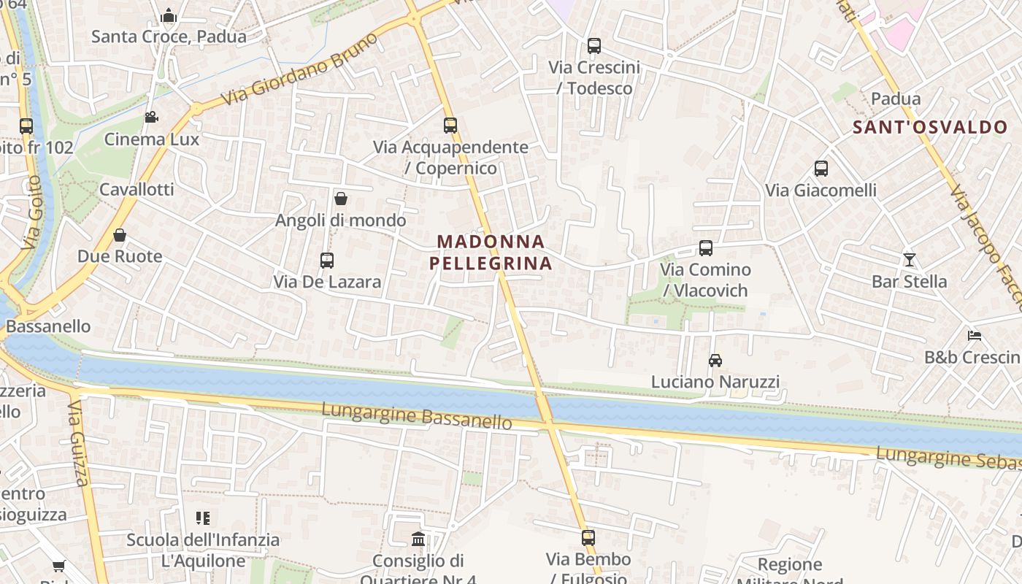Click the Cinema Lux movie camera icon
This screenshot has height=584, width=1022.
151,118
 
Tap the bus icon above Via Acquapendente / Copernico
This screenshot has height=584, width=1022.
450,126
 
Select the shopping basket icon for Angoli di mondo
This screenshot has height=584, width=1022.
340,199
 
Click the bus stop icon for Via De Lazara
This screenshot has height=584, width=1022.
327,261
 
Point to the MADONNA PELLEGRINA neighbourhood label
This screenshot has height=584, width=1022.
491,253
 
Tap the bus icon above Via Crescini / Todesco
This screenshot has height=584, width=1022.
594,46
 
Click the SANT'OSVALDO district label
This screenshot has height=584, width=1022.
930,127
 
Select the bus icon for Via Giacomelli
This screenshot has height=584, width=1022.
821,169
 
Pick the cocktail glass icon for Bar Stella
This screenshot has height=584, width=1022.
909,260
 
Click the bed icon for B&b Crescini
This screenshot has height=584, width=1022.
975,336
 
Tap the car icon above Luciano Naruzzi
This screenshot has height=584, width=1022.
715,361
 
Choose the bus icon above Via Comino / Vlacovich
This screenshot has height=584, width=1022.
705,248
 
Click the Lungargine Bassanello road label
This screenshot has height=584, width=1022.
417,415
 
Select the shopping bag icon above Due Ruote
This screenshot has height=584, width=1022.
120,235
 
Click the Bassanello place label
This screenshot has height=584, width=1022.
48,326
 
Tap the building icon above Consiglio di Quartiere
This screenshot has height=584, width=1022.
418,539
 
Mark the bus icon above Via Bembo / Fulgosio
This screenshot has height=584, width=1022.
588,538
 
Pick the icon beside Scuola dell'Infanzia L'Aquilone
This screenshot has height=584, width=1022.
203,518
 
